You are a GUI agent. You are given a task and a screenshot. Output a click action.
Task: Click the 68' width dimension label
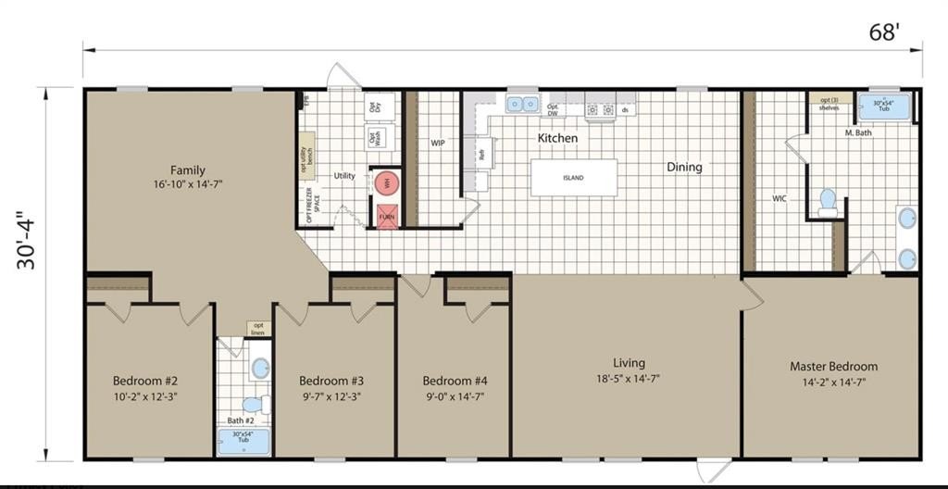[x=883, y=32]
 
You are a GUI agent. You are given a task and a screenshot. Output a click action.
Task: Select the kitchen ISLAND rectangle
[x=573, y=177]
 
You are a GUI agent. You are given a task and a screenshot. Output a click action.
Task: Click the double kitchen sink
[x=523, y=104]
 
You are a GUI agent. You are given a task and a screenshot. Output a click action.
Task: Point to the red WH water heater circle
[x=387, y=182]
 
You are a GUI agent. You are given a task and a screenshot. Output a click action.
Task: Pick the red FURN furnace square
[x=387, y=215]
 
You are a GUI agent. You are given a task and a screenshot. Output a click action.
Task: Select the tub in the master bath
[x=884, y=107]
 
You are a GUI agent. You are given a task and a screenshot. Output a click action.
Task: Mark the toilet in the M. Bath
[x=828, y=201]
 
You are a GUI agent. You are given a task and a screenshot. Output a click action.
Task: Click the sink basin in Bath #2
[x=260, y=369]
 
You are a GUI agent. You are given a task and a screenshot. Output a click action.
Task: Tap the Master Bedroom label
[x=833, y=367]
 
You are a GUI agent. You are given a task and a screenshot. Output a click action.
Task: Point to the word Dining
[x=684, y=168]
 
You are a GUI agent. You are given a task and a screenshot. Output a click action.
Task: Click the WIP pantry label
[x=438, y=144]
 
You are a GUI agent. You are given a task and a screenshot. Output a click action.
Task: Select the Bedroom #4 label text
[x=455, y=381]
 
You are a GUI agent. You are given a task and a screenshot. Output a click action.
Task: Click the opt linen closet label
[x=257, y=329]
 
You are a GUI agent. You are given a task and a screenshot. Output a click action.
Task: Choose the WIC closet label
[x=780, y=198]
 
